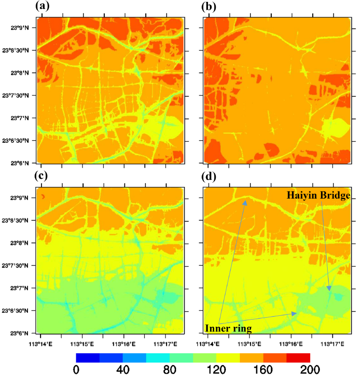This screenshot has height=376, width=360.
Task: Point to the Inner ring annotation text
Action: (228, 328)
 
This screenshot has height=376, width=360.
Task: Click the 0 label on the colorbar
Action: (76, 369)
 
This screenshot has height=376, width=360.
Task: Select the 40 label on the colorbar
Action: (123, 369)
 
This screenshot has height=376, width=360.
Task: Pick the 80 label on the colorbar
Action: (170, 369)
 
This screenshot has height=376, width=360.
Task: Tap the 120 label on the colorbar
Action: (216, 369)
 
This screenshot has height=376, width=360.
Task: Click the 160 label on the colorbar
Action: (263, 369)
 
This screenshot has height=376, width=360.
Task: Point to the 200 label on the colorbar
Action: (309, 369)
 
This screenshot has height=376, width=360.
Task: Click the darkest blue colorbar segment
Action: (88, 358)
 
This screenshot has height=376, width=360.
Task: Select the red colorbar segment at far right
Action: (298, 358)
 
